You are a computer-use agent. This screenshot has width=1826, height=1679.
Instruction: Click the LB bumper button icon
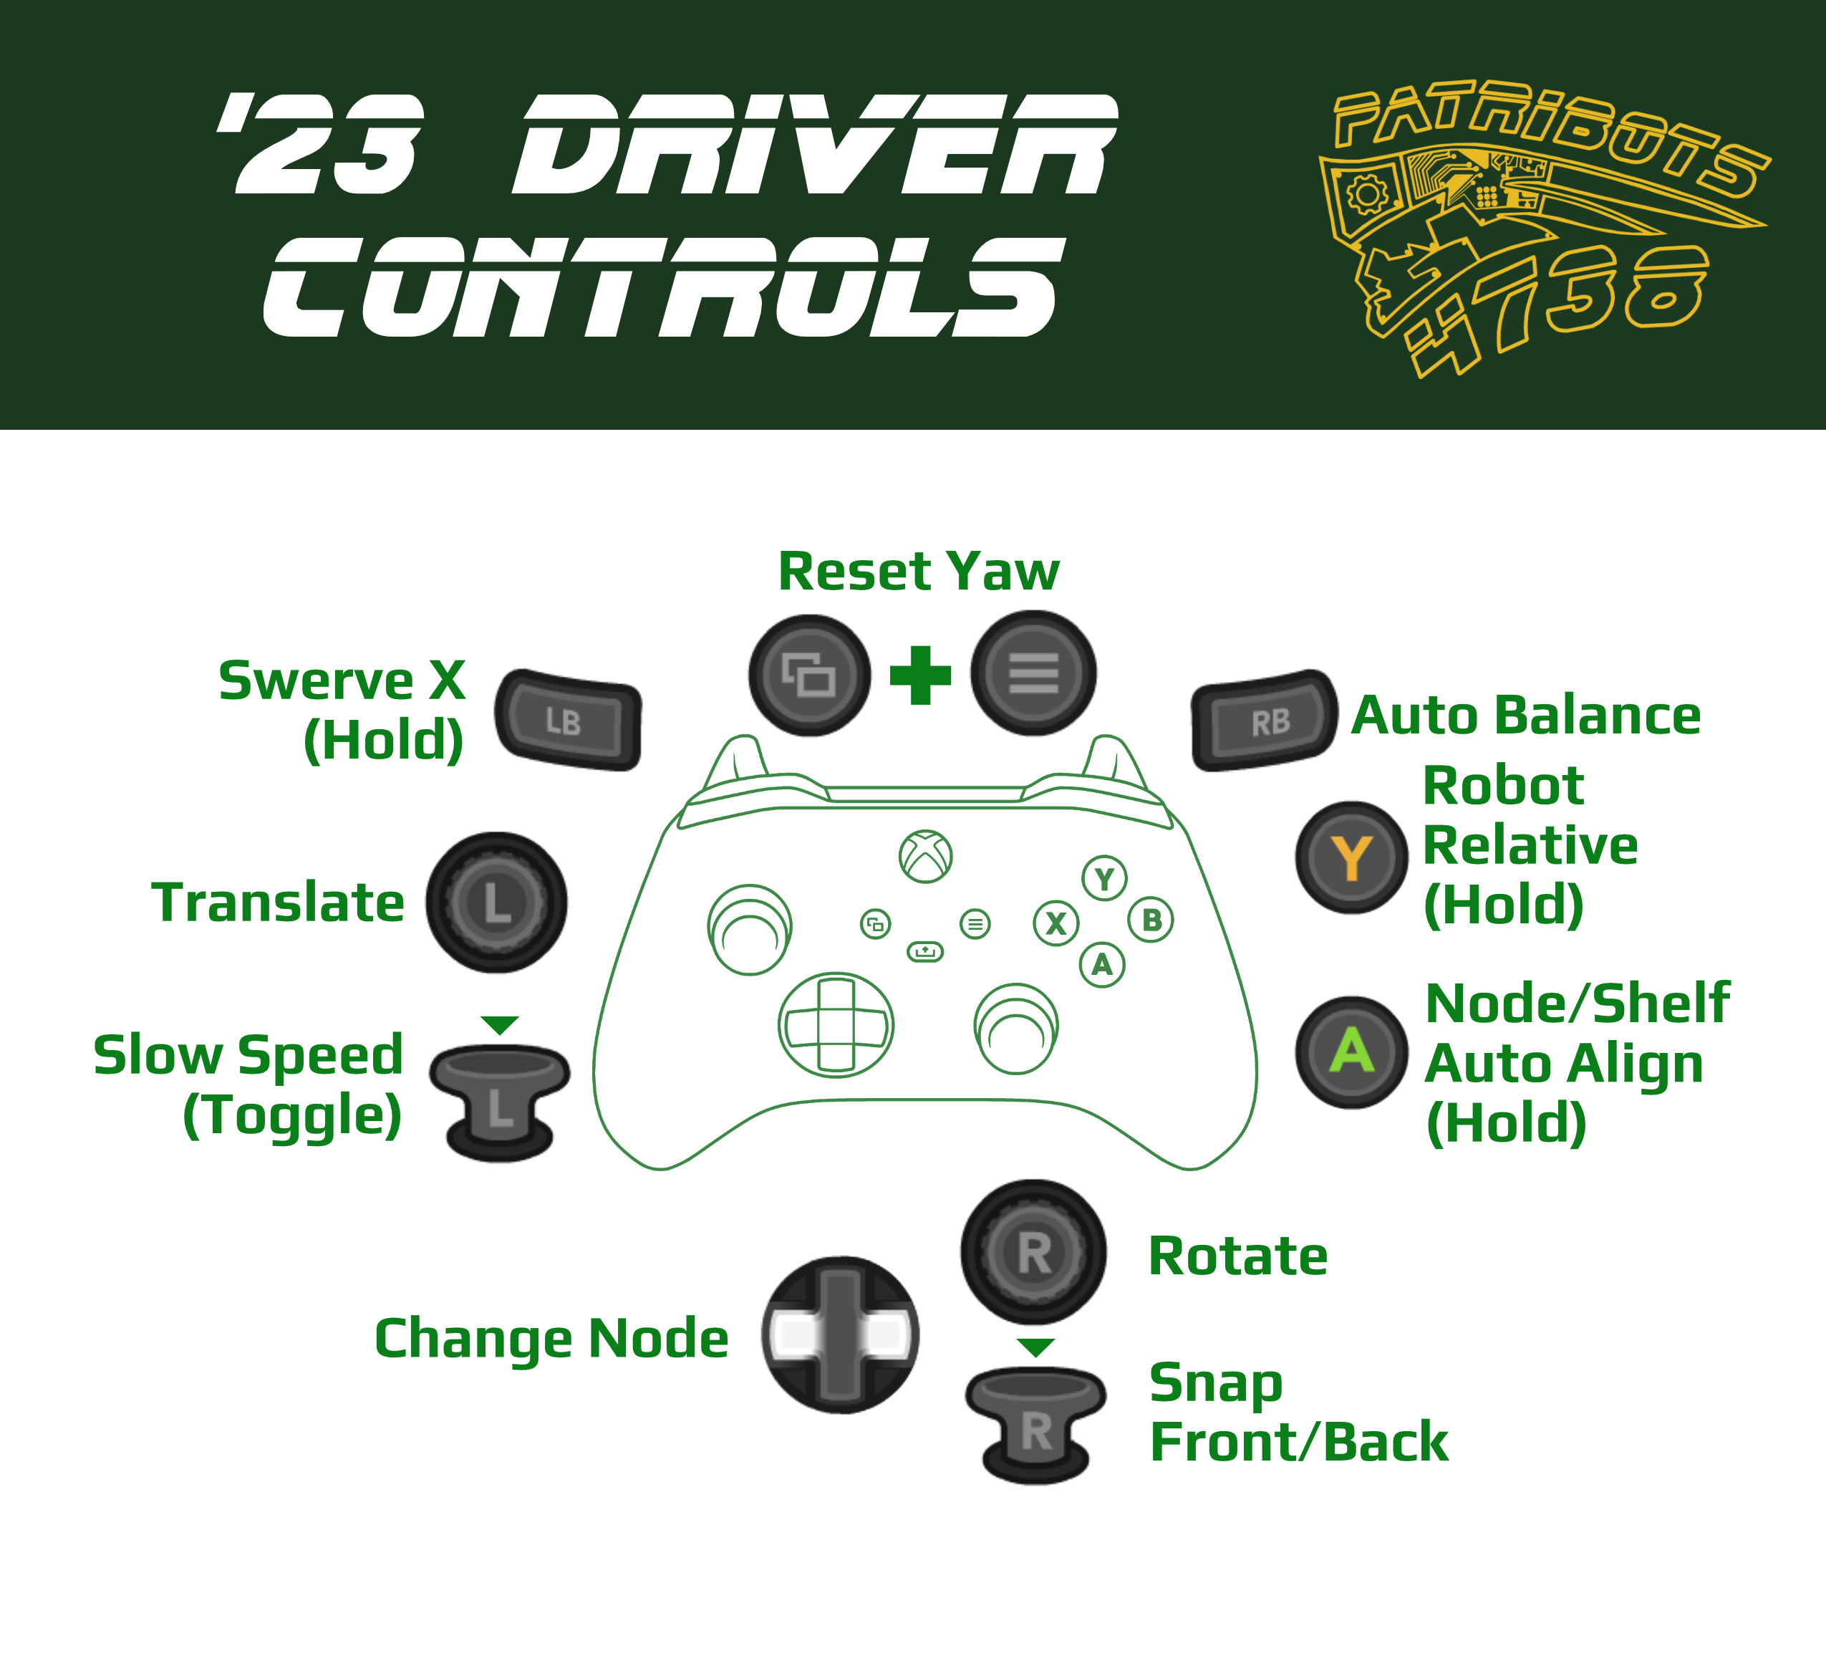point(568,721)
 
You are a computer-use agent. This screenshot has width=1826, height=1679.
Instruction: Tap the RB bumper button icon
point(1265,721)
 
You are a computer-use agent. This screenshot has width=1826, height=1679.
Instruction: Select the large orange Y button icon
point(1351,857)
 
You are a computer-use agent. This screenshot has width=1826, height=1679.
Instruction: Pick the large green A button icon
point(1351,1052)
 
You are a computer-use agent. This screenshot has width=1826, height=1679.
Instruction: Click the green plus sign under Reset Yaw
point(920,675)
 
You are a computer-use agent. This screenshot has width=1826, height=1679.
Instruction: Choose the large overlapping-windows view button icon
point(809,675)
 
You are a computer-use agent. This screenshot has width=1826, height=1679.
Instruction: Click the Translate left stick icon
point(497,903)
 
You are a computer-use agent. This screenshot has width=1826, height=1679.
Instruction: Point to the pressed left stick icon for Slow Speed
point(500,1102)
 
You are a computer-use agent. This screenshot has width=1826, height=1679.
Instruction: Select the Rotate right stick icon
point(1034,1252)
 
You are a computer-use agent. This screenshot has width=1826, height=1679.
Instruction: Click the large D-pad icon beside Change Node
point(841,1334)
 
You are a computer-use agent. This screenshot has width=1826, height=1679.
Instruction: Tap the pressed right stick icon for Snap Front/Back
point(1035,1424)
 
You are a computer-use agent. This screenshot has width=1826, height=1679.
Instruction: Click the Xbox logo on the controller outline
point(924,856)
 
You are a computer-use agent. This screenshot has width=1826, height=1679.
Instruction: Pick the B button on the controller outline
point(1151,920)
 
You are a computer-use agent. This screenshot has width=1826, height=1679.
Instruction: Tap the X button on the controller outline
point(1055,923)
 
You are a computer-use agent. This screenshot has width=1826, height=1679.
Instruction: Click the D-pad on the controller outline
point(836,1025)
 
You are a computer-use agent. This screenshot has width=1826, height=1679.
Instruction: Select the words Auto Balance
point(1525,715)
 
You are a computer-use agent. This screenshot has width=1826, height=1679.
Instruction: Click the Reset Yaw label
point(919,572)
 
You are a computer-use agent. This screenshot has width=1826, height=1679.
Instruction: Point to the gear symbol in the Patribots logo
point(1367,193)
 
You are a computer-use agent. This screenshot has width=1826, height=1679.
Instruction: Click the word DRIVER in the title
point(813,145)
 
